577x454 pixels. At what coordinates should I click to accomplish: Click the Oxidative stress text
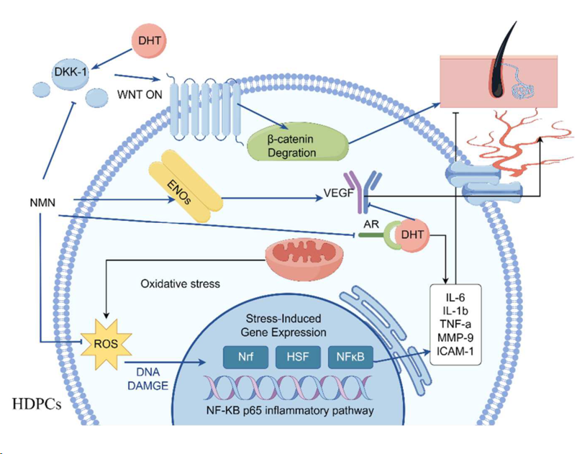click(180, 284)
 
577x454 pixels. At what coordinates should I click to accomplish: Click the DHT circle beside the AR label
click(411, 234)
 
